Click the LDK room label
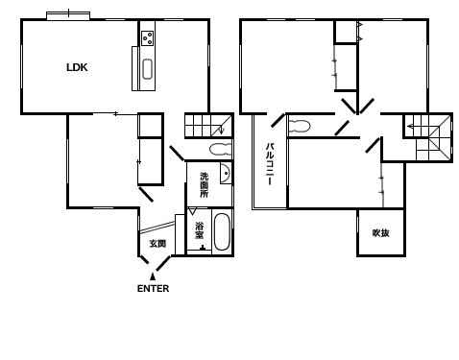[77, 67]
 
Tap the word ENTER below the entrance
[153, 289]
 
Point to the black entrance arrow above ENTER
[153, 276]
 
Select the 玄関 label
[157, 244]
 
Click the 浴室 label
[200, 230]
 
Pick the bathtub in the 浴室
[222, 231]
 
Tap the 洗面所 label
[205, 185]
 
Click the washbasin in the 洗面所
[226, 173]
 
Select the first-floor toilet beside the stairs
[220, 149]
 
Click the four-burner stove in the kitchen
[148, 38]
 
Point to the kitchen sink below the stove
[147, 69]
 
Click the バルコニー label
[270, 164]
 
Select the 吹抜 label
[380, 233]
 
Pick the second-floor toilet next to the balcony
[300, 126]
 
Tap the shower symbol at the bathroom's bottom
[203, 248]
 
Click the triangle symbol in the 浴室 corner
[192, 211]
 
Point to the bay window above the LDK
[68, 15]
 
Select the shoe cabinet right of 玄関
[180, 234]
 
